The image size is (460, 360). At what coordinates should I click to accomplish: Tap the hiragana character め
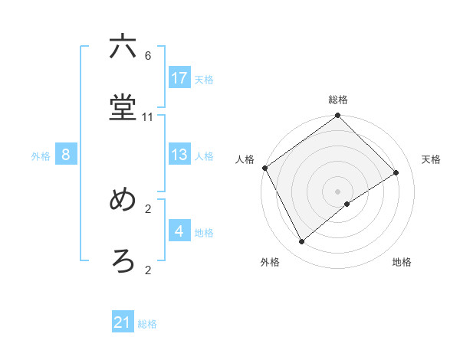pos(123,201)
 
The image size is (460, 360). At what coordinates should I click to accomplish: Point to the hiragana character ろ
pos(123,262)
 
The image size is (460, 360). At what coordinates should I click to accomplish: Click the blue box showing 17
pos(179,78)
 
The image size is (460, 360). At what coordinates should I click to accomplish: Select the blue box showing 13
pos(179,155)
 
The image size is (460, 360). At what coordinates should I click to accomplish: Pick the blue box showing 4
pos(179,231)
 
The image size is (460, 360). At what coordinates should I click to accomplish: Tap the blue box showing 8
pos(66,155)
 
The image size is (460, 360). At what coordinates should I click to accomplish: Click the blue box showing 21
pos(123,323)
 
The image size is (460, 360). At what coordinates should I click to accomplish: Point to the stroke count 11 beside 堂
pos(148,117)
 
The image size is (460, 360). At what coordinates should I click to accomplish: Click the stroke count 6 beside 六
pos(148,56)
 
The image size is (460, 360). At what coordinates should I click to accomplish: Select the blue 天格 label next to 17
pos(204,79)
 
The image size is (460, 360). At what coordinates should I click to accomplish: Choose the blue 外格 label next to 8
pos(41,155)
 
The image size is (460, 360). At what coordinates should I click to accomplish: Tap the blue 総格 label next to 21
pos(147,324)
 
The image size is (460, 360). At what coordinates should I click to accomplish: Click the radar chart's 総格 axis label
pos(338,100)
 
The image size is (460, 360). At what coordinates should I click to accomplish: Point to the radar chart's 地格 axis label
pos(402,262)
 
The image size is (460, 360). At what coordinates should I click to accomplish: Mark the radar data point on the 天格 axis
pos(396,172)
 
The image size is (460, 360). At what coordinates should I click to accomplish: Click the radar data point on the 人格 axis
pos(264,168)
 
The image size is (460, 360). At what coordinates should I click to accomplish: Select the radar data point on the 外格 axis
pos(302,242)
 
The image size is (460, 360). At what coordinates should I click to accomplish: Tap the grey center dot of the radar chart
pos(338,191)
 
